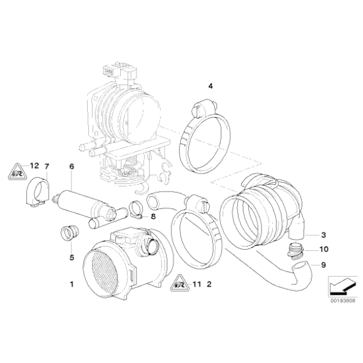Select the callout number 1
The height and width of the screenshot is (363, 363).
pyautogui.click(x=72, y=284)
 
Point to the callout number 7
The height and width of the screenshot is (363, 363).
pyautogui.click(x=46, y=166)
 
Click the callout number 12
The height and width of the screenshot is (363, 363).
pyautogui.click(x=34, y=166)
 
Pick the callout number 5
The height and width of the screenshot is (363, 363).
pyautogui.click(x=71, y=257)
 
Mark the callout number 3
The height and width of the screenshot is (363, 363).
pyautogui.click(x=324, y=235)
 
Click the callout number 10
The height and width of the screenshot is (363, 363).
pyautogui.click(x=324, y=249)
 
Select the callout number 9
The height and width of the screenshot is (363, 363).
pyautogui.click(x=324, y=265)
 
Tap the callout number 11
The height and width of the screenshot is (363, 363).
pyautogui.click(x=195, y=284)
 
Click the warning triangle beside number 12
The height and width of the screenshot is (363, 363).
pyautogui.click(x=17, y=170)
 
